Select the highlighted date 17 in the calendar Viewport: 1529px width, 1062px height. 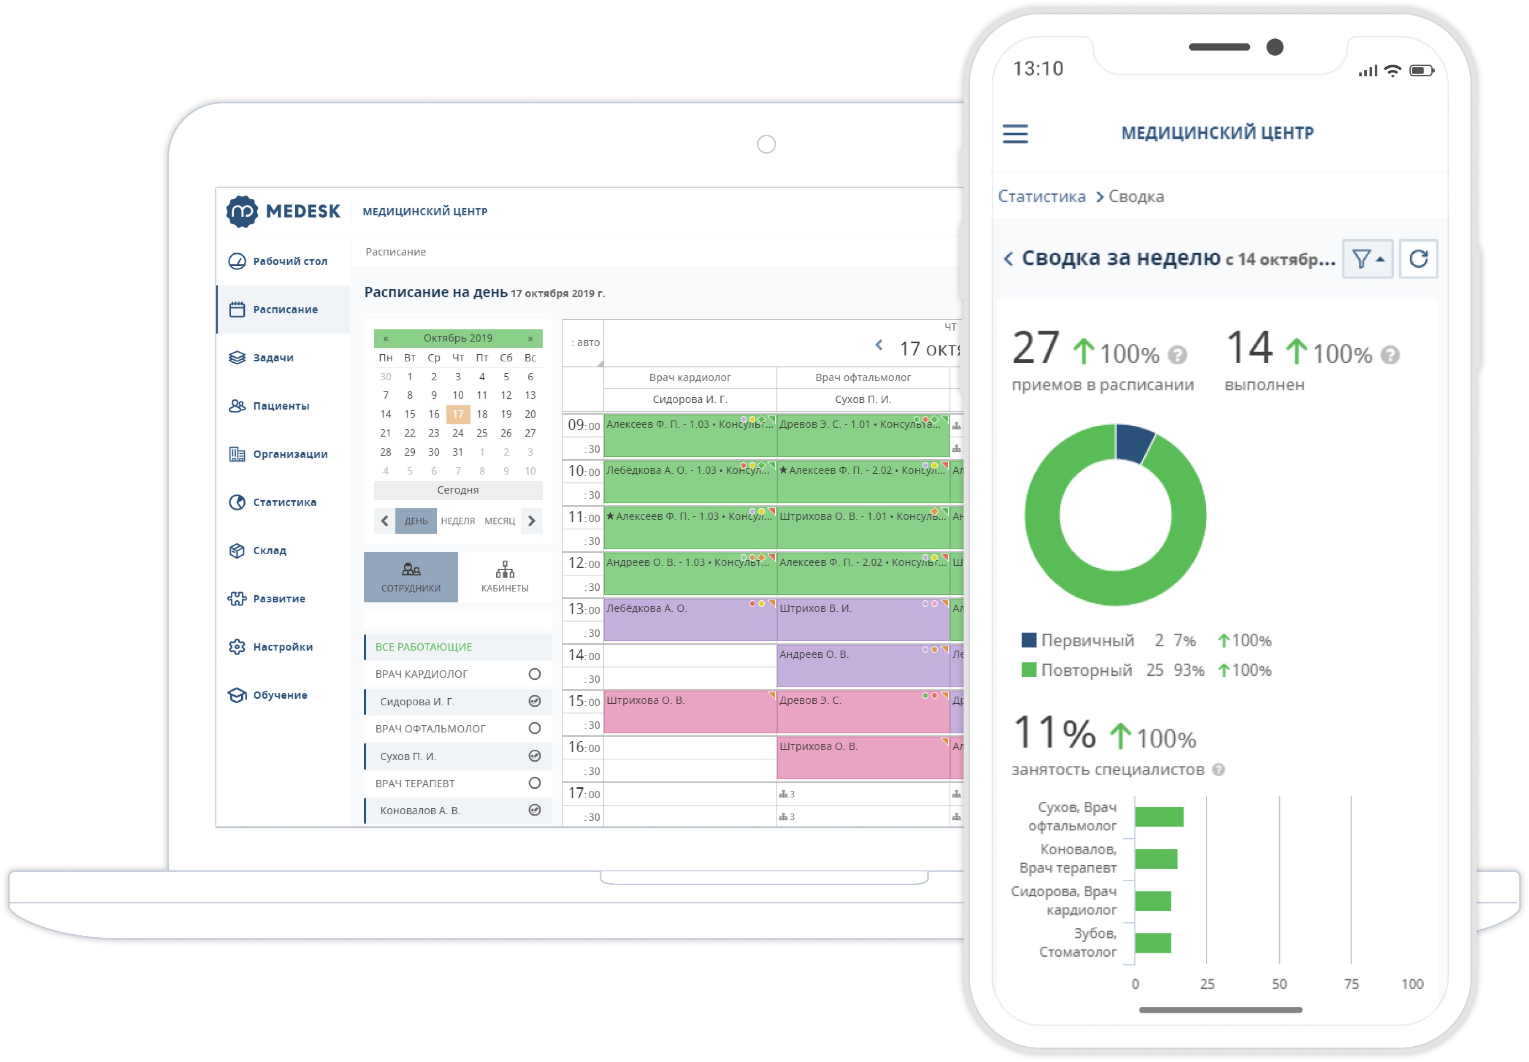tap(458, 414)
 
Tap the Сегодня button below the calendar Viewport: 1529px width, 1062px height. tap(458, 490)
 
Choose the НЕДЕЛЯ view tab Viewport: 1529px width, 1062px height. tap(458, 521)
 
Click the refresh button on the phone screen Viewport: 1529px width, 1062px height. tap(1418, 259)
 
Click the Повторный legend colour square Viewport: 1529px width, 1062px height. tap(1028, 670)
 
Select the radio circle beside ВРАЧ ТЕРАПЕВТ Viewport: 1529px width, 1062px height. tap(534, 783)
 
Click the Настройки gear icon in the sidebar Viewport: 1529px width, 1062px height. tap(237, 647)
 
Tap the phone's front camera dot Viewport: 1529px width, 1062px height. tap(1274, 47)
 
